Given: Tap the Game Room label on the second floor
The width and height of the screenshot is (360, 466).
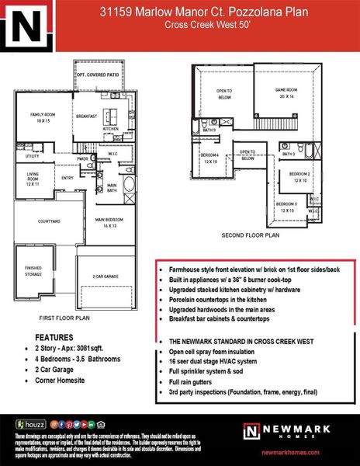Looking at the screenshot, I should click(x=286, y=94).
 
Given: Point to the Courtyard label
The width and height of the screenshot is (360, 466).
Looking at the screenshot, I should click(x=38, y=221).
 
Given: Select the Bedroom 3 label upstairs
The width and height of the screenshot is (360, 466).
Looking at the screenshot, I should click(x=289, y=207).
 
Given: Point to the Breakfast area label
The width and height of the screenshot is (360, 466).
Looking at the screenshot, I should click(x=85, y=116).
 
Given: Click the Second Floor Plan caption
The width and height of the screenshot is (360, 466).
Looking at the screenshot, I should click(x=250, y=234).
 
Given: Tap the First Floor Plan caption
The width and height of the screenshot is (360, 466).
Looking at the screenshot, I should click(x=64, y=318).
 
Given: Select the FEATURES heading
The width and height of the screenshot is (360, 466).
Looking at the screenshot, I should click(x=54, y=339).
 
